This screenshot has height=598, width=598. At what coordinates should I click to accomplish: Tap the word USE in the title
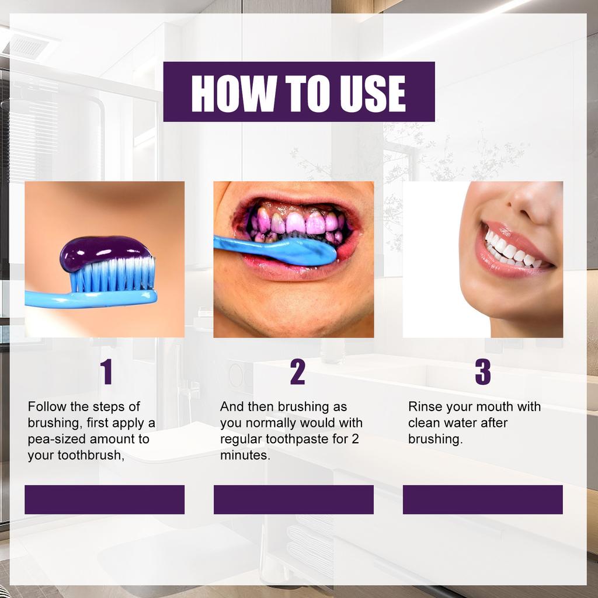pyautogui.click(x=371, y=92)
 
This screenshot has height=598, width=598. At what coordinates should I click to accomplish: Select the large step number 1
pyautogui.click(x=106, y=373)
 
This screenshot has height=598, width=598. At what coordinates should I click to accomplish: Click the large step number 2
pyautogui.click(x=297, y=373)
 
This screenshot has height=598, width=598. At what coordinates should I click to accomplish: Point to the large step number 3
pyautogui.click(x=483, y=373)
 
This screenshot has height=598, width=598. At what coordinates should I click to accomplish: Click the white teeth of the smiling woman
pyautogui.click(x=508, y=250)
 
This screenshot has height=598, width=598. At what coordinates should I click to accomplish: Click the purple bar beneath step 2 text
pyautogui.click(x=294, y=499)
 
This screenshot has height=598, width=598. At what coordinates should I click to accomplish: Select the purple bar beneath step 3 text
pyautogui.click(x=483, y=499)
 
